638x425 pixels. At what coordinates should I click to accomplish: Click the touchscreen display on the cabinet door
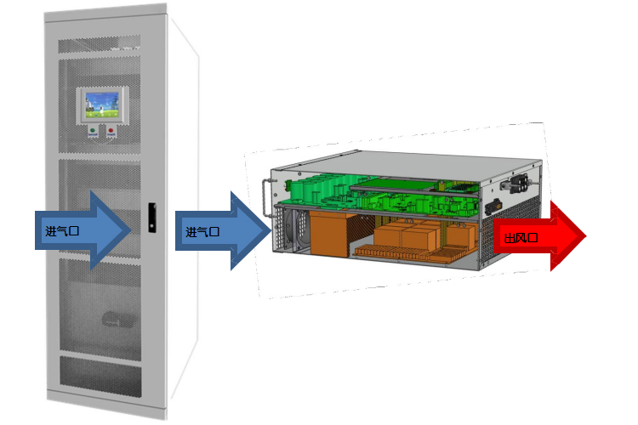103,105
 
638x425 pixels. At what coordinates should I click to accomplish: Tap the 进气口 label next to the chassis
202,231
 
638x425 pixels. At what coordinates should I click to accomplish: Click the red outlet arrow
539,235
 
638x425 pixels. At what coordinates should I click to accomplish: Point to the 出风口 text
521,238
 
